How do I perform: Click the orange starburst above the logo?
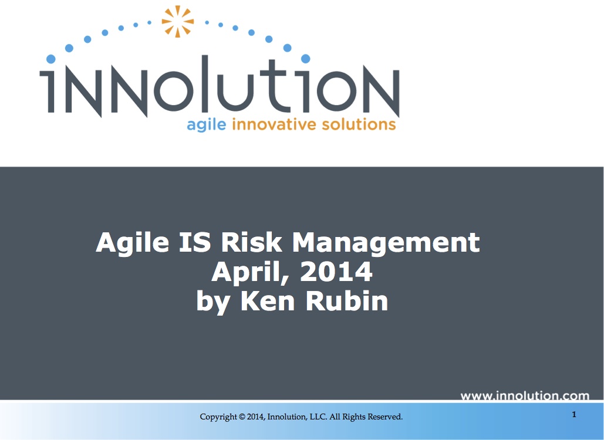coord(177,22)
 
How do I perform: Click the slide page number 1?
coord(574,415)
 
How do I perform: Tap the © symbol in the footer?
coord(242,417)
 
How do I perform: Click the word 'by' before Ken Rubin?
coord(211,302)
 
